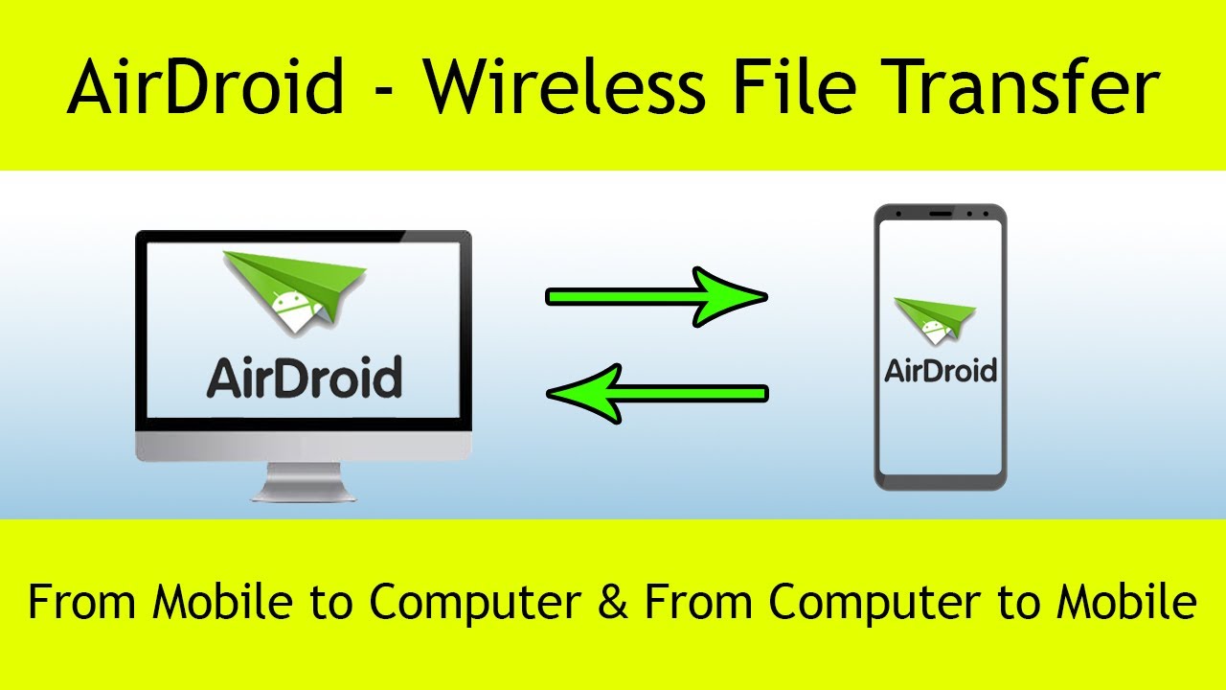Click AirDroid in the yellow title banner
coord(205,88)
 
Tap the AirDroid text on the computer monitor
coord(305,378)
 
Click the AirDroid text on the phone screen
coord(941,370)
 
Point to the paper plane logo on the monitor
coord(293,287)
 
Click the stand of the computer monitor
coord(304,482)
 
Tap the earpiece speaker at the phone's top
coord(940,213)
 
